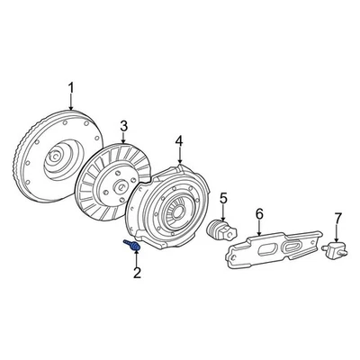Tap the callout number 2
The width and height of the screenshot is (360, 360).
137,273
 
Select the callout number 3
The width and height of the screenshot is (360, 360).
125,125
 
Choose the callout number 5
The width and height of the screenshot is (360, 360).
224,198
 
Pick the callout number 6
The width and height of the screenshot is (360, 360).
259,213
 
